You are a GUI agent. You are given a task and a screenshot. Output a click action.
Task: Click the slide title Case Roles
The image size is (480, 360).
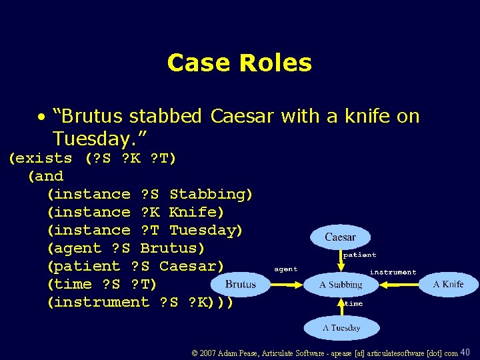click(239, 63)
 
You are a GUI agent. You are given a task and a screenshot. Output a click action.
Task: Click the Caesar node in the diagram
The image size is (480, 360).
click(340, 237)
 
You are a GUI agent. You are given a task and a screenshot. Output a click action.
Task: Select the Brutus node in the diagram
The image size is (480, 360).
click(241, 285)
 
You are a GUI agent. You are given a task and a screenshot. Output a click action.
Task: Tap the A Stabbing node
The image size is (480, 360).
click(341, 285)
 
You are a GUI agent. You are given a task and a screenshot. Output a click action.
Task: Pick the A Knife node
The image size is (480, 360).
click(448, 284)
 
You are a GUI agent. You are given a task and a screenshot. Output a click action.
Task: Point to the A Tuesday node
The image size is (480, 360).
click(341, 328)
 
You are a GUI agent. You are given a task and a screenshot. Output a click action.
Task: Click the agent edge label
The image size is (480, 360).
click(286, 269)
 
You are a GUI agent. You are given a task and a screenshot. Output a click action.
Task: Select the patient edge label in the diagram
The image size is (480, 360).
click(359, 255)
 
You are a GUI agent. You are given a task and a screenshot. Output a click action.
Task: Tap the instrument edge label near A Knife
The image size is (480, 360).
click(393, 272)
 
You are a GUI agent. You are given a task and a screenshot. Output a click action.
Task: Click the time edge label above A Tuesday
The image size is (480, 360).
click(353, 304)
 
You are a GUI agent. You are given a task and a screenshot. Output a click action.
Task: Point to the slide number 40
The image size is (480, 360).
click(465, 352)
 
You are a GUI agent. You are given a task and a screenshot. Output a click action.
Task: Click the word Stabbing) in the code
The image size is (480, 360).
click(211, 194)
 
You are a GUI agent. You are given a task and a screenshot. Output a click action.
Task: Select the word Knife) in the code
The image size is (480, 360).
click(197, 212)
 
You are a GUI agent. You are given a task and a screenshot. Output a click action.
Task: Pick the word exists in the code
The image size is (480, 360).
click(45, 158)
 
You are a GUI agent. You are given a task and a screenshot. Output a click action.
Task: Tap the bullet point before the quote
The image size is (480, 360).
click(41, 117)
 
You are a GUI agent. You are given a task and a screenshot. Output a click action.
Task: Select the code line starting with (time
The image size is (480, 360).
click(102, 284)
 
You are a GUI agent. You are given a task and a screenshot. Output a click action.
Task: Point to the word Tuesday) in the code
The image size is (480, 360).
click(206, 230)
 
